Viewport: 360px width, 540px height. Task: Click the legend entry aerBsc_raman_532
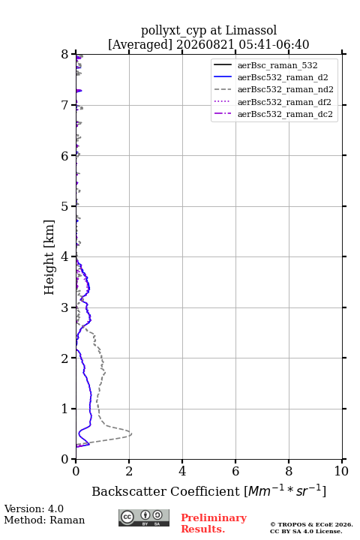coord(277,65)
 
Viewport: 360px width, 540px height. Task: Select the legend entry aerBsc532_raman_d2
coord(283,77)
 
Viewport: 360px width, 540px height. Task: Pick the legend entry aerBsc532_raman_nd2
coord(285,89)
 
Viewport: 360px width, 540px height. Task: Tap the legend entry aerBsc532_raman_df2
coord(283,102)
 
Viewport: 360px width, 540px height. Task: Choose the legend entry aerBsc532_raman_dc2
coord(285,114)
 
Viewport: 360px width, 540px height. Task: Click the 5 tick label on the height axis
coord(65,206)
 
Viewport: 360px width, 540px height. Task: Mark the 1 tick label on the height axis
coord(65,409)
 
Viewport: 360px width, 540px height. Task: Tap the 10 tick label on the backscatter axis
coord(341,471)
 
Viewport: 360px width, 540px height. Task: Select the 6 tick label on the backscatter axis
coord(235,471)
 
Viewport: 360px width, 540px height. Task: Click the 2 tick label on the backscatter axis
coord(129,471)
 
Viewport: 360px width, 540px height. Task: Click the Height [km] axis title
coord(49,257)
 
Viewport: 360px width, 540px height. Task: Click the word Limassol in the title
coord(251,31)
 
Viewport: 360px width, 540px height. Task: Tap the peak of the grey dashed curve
coord(131,434)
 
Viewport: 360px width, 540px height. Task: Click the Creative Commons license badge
coord(144,518)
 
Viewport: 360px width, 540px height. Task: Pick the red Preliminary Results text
coord(214,523)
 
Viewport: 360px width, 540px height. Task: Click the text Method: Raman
coord(44,520)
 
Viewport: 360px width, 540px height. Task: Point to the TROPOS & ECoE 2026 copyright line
coord(311,524)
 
